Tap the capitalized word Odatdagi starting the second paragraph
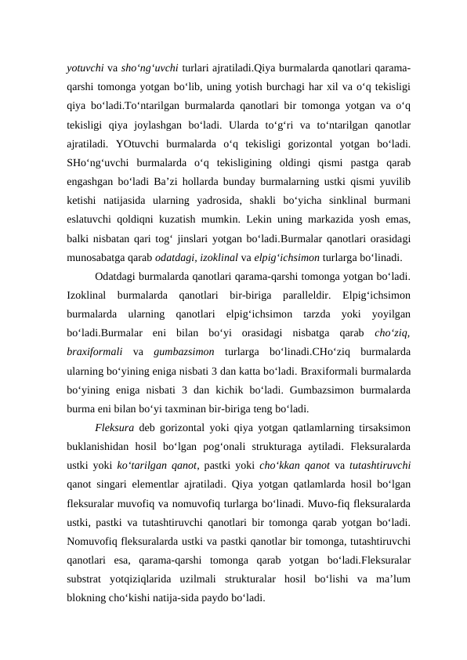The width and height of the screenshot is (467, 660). click(x=117, y=277)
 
